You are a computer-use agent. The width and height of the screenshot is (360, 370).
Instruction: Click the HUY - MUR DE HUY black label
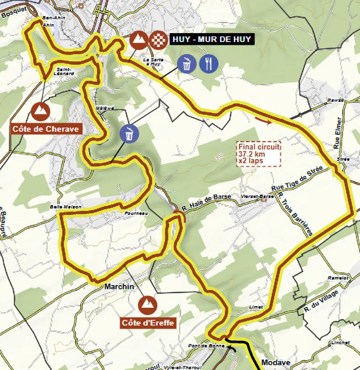(x=211, y=39)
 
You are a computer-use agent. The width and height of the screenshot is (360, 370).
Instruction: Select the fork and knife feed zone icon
(x=209, y=64)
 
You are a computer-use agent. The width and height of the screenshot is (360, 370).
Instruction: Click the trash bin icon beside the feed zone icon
(x=187, y=64)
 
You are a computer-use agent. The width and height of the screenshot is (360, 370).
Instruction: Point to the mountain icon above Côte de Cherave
(x=40, y=111)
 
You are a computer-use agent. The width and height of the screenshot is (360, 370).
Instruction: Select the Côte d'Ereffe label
(x=148, y=323)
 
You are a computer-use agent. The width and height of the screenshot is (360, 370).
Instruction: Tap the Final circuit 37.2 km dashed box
(x=259, y=153)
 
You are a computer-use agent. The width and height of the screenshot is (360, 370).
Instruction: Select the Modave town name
(x=276, y=362)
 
